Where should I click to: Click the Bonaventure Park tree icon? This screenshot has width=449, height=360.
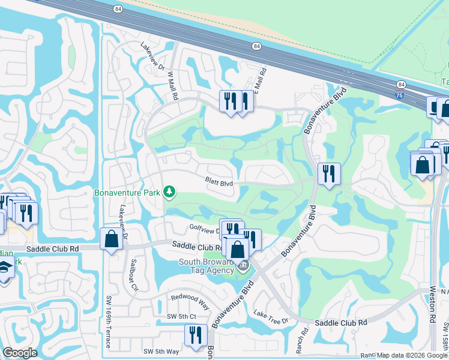pos(170,191)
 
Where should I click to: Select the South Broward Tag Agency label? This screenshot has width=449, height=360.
pos(208,266)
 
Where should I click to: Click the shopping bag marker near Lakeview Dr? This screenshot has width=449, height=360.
pos(111,239)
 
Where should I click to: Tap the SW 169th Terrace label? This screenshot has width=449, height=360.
pos(107,328)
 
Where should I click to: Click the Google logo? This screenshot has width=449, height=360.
pos(20,353)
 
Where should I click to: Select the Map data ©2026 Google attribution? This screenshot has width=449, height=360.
pos(412,355)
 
